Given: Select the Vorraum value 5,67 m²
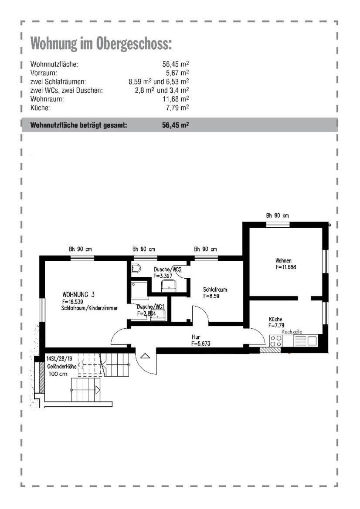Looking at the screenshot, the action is pos(177,73).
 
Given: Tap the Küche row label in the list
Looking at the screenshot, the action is pos(40,108).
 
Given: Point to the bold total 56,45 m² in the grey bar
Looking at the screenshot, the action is pos(176,125).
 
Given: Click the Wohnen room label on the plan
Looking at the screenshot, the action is pos(283,260).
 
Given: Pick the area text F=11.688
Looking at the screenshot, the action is pos(286,267).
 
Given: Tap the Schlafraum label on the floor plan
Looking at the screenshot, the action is pos(215,289).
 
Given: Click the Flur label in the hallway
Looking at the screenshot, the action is pos(196,337).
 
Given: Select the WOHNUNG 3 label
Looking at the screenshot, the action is pos(78,295).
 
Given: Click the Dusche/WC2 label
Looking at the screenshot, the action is pos(168,270).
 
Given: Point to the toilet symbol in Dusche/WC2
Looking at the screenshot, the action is pos(136,269).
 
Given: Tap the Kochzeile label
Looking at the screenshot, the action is pos(292,332).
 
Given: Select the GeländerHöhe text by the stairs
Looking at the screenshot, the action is pos(62,366).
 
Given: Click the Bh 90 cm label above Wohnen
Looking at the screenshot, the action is pos(278,215).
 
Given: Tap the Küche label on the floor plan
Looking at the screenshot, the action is pos(275,319).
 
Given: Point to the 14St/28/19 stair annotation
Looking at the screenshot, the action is pos(59,359).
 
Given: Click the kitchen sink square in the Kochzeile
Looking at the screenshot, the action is pos(312,341).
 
